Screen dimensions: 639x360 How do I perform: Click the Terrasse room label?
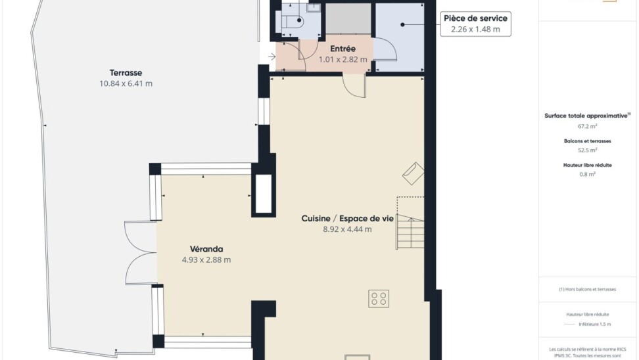126,73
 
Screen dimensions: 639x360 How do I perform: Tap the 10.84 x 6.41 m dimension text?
126,83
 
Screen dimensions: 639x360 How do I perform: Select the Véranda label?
206,249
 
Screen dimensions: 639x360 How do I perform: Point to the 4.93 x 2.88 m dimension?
206,259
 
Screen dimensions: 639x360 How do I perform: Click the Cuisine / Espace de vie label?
348,218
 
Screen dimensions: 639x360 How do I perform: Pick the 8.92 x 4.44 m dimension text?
348,229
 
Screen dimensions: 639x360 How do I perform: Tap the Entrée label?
343,49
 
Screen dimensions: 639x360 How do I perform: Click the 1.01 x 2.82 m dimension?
343,60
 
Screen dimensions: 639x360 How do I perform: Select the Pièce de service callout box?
475,24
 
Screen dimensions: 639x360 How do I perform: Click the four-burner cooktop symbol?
379,298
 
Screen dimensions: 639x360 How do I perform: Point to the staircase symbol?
410,231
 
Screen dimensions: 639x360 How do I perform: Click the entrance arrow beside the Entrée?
272,56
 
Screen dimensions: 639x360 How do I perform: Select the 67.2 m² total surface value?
587,126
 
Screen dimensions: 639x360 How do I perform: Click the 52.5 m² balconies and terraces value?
587,150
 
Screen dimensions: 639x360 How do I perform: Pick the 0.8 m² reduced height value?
587,174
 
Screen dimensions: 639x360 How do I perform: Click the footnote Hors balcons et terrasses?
587,289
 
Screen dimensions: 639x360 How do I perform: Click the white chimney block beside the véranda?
263,194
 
